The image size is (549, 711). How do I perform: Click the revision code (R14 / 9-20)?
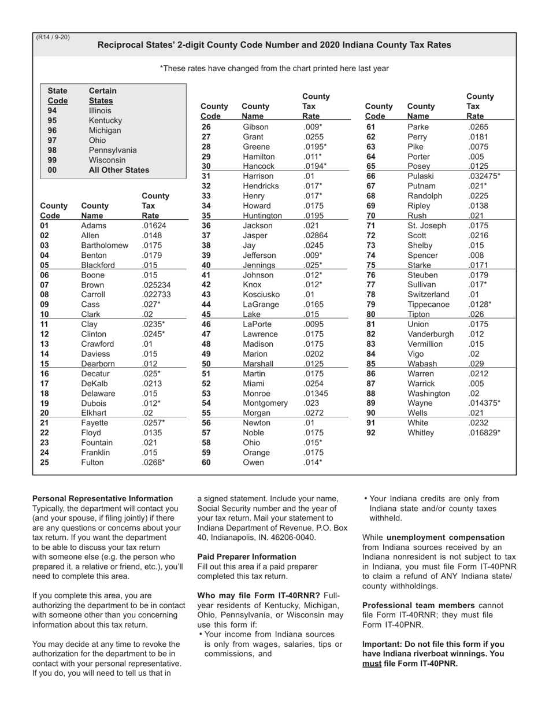53,38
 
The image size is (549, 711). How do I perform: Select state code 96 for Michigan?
52,130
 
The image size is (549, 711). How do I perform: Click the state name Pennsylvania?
113,150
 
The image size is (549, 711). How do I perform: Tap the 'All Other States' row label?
118,170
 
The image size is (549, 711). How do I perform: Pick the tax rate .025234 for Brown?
156,285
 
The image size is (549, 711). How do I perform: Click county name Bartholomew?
105,246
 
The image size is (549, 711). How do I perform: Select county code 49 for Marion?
206,354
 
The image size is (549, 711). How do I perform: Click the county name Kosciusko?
261,295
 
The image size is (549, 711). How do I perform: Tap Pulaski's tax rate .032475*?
484,176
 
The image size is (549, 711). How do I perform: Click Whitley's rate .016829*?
484,433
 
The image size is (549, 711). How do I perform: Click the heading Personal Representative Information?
102,498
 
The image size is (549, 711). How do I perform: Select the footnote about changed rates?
274,68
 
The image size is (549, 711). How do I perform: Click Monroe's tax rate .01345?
316,394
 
